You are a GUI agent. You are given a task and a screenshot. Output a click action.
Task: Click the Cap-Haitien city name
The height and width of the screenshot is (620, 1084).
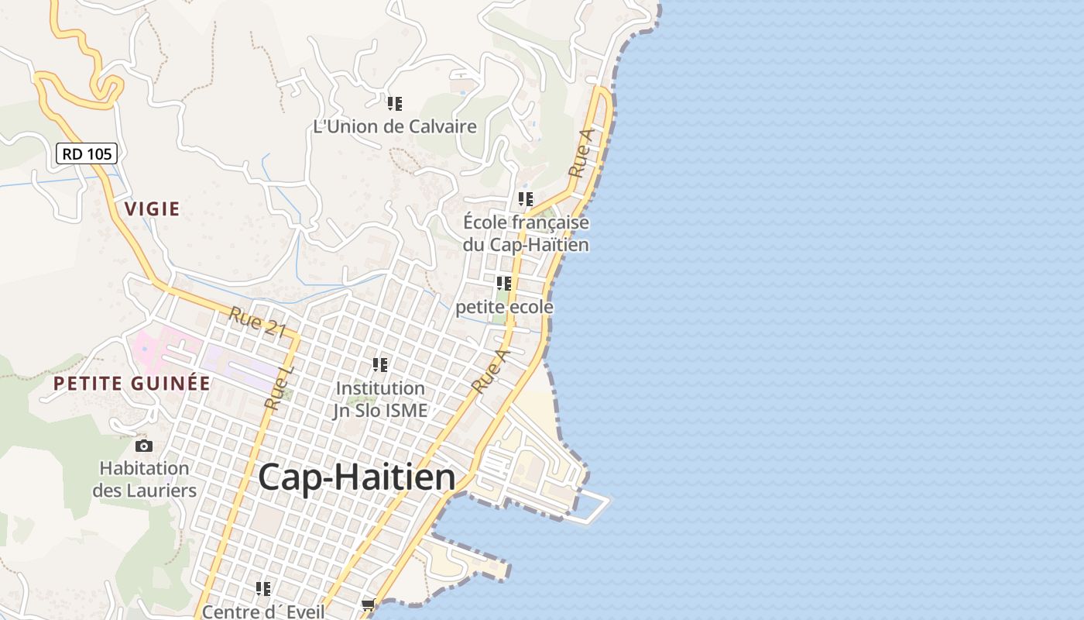click(357, 477)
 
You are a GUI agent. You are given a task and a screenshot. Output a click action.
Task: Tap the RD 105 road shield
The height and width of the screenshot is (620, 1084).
click(87, 153)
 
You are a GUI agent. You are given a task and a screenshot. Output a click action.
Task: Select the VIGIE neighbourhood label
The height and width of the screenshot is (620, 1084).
click(152, 208)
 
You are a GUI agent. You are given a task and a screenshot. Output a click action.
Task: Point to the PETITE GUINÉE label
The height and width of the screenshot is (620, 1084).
click(132, 383)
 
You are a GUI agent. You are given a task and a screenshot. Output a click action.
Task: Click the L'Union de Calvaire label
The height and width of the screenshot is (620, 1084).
click(395, 126)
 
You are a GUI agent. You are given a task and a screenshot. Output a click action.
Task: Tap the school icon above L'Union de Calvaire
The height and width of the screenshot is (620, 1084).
click(395, 103)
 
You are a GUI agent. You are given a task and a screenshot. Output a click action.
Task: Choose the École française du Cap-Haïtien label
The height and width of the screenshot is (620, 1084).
click(526, 233)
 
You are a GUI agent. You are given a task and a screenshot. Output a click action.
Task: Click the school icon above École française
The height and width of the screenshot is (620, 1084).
click(526, 199)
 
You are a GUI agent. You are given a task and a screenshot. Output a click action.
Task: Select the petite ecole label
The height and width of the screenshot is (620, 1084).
click(504, 307)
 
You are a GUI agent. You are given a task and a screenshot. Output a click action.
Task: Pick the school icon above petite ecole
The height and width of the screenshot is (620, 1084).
click(504, 284)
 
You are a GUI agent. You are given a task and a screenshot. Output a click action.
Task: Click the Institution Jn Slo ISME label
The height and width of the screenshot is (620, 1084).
click(380, 399)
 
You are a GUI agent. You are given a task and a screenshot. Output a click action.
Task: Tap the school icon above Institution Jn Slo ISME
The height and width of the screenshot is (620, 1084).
click(380, 364)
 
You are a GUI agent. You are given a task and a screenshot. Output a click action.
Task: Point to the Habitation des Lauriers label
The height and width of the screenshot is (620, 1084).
click(144, 479)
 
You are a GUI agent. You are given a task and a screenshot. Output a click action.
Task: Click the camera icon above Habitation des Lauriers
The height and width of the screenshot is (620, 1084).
click(144, 446)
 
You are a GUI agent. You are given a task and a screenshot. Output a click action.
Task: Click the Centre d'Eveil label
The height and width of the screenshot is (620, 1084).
click(262, 611)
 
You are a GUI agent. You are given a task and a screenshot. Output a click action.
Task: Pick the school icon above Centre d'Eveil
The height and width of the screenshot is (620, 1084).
click(263, 589)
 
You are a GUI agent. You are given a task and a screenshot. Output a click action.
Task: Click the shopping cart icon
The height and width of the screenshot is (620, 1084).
click(368, 604)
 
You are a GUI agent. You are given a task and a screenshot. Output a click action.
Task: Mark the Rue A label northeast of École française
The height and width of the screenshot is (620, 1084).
click(581, 153)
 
